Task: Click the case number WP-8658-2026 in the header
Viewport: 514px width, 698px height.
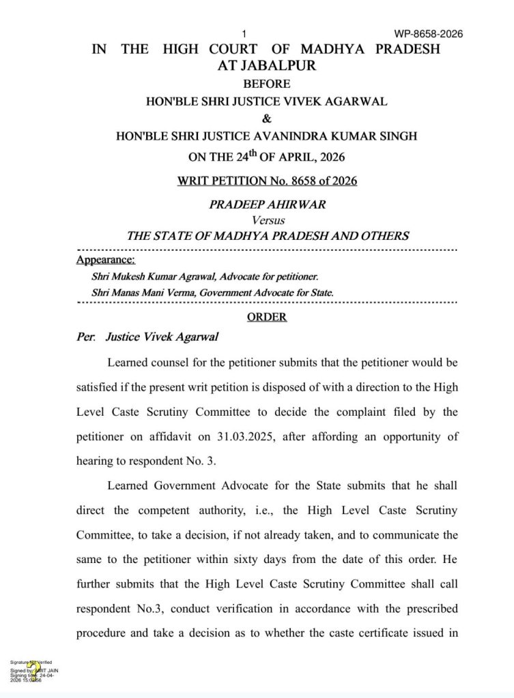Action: pyautogui.click(x=429, y=33)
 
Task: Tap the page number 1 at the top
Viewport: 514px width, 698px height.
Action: pyautogui.click(x=244, y=33)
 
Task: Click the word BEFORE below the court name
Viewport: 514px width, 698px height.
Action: pyautogui.click(x=267, y=84)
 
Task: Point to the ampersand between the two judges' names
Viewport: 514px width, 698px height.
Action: pyautogui.click(x=267, y=119)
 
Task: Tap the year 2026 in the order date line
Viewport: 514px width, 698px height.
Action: pyautogui.click(x=329, y=157)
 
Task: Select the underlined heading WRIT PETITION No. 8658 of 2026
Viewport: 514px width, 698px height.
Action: pyautogui.click(x=267, y=181)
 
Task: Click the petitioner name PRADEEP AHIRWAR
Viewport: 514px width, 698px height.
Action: pyautogui.click(x=267, y=205)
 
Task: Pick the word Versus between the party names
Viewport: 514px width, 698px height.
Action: pyautogui.click(x=268, y=220)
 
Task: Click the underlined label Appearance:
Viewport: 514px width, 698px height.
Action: pyautogui.click(x=106, y=260)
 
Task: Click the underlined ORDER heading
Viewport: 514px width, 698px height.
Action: pyautogui.click(x=267, y=317)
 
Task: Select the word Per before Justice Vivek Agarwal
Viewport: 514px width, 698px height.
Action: pyautogui.click(x=85, y=337)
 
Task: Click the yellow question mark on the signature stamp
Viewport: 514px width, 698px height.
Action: pyautogui.click(x=30, y=671)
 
